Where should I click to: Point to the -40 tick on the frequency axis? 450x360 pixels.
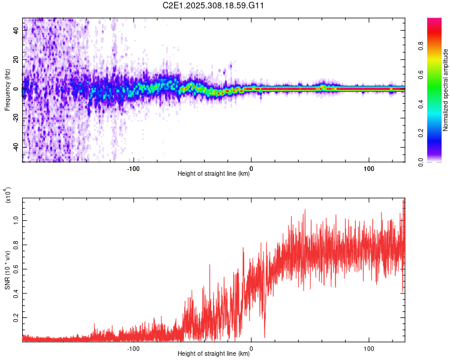16,147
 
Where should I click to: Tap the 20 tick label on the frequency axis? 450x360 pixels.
16,60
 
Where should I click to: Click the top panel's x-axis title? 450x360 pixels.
214,174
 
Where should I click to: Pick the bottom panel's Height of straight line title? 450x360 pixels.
214,354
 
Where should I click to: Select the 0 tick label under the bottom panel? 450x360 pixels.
251,347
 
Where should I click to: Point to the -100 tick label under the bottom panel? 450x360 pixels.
133,347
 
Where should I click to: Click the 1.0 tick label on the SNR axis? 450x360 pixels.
16,221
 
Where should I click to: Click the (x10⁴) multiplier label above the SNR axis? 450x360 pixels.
7,196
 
